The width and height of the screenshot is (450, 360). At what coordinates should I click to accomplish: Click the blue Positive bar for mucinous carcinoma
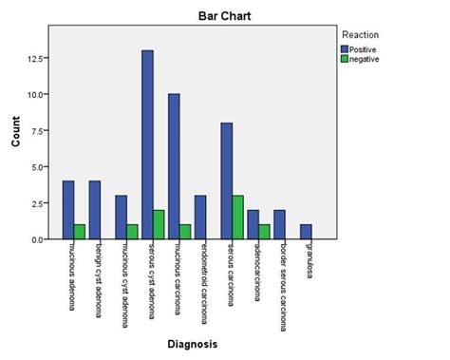[175, 167]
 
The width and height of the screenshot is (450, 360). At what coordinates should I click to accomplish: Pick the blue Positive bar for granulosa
[306, 232]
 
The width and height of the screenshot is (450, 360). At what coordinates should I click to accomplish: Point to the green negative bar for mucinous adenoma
[80, 232]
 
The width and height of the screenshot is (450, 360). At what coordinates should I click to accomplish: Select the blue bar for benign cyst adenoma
[94, 210]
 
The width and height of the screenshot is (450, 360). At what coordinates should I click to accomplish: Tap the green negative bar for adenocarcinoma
[265, 232]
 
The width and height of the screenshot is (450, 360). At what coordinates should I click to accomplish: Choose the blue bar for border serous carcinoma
[279, 225]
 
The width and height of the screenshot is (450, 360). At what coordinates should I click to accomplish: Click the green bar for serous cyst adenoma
[159, 225]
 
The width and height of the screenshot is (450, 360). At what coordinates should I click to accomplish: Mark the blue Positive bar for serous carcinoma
[227, 181]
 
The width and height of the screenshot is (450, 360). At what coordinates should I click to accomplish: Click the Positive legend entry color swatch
[344, 47]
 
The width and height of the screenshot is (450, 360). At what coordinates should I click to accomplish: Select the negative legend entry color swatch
[344, 59]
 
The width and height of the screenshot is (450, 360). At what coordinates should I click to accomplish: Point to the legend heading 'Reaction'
[361, 34]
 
